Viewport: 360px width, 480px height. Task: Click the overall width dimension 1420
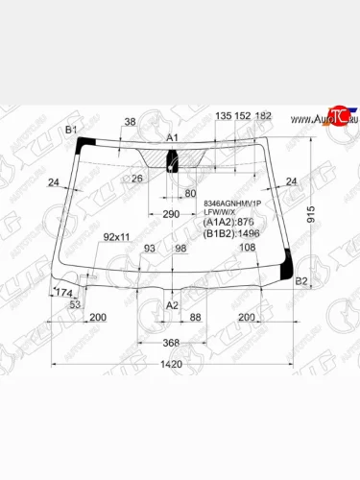(x=171, y=365)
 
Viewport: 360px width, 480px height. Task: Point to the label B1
(x=70, y=130)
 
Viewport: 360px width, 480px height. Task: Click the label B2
(x=300, y=281)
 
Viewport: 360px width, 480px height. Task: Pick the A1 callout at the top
(x=173, y=139)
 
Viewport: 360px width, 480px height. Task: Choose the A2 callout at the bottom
(x=173, y=304)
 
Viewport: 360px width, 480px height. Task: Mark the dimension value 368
(x=171, y=343)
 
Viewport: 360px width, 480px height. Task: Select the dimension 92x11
(x=117, y=236)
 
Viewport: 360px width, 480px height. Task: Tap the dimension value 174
(x=65, y=292)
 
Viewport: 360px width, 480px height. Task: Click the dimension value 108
(x=247, y=248)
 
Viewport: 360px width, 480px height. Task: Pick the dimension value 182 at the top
(x=264, y=116)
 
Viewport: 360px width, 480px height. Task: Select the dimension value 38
(x=131, y=122)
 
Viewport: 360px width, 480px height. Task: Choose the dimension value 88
(x=195, y=317)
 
